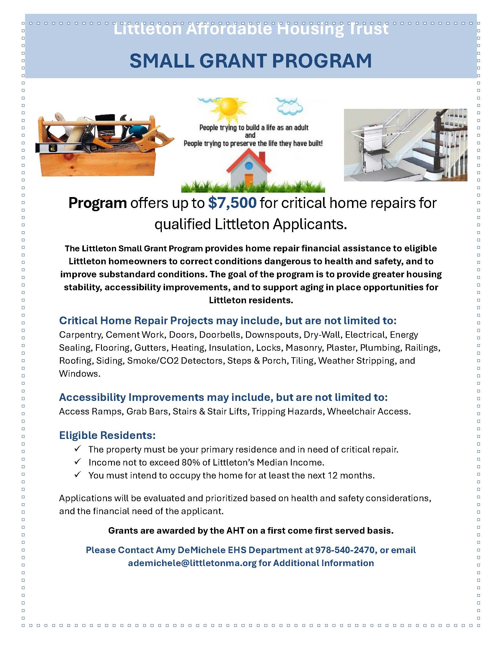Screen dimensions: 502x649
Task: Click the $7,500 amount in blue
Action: (x=232, y=203)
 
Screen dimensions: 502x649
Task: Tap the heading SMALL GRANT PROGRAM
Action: (x=251, y=61)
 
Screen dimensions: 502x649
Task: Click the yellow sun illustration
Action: (x=228, y=108)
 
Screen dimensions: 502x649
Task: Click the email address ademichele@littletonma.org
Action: (x=192, y=563)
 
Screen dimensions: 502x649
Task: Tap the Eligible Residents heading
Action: (x=107, y=435)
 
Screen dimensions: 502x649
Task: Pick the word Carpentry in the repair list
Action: (x=81, y=335)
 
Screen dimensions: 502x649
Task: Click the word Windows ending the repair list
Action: (x=79, y=374)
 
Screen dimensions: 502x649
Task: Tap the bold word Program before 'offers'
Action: (x=97, y=203)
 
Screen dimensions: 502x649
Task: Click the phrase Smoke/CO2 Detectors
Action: (x=175, y=361)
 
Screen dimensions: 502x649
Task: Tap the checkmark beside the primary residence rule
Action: (x=78, y=449)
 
